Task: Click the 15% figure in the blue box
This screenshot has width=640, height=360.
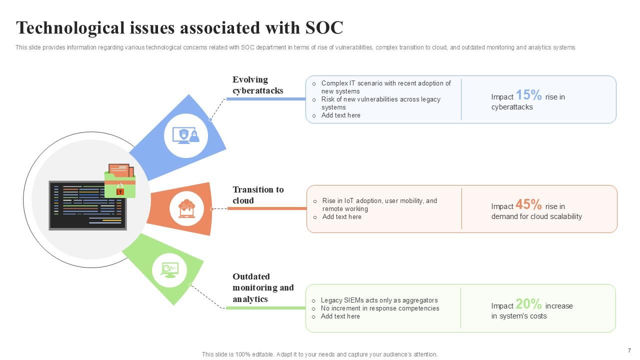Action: (x=528, y=95)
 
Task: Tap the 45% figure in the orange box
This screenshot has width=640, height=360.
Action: (x=528, y=204)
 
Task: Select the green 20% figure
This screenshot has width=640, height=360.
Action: (x=528, y=304)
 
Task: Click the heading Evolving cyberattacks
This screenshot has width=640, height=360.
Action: (x=257, y=85)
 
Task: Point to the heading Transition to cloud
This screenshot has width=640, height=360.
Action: (x=257, y=195)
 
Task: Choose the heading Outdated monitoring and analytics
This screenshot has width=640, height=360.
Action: (x=263, y=287)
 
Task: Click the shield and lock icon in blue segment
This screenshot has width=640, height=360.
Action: (x=186, y=135)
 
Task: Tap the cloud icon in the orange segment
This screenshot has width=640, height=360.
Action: (x=186, y=208)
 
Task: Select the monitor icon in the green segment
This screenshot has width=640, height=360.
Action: (x=169, y=270)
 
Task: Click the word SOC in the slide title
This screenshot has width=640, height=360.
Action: (x=324, y=28)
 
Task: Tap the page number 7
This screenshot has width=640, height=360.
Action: (x=629, y=350)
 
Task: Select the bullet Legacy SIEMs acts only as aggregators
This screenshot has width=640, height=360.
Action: (x=379, y=300)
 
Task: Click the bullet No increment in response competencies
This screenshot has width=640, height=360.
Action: (x=380, y=308)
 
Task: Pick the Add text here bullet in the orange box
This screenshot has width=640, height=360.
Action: (x=341, y=217)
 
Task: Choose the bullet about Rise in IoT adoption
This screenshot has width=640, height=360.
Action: (x=379, y=204)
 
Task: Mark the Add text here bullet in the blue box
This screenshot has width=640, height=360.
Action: (x=340, y=115)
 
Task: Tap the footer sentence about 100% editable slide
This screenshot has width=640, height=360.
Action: (x=319, y=354)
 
